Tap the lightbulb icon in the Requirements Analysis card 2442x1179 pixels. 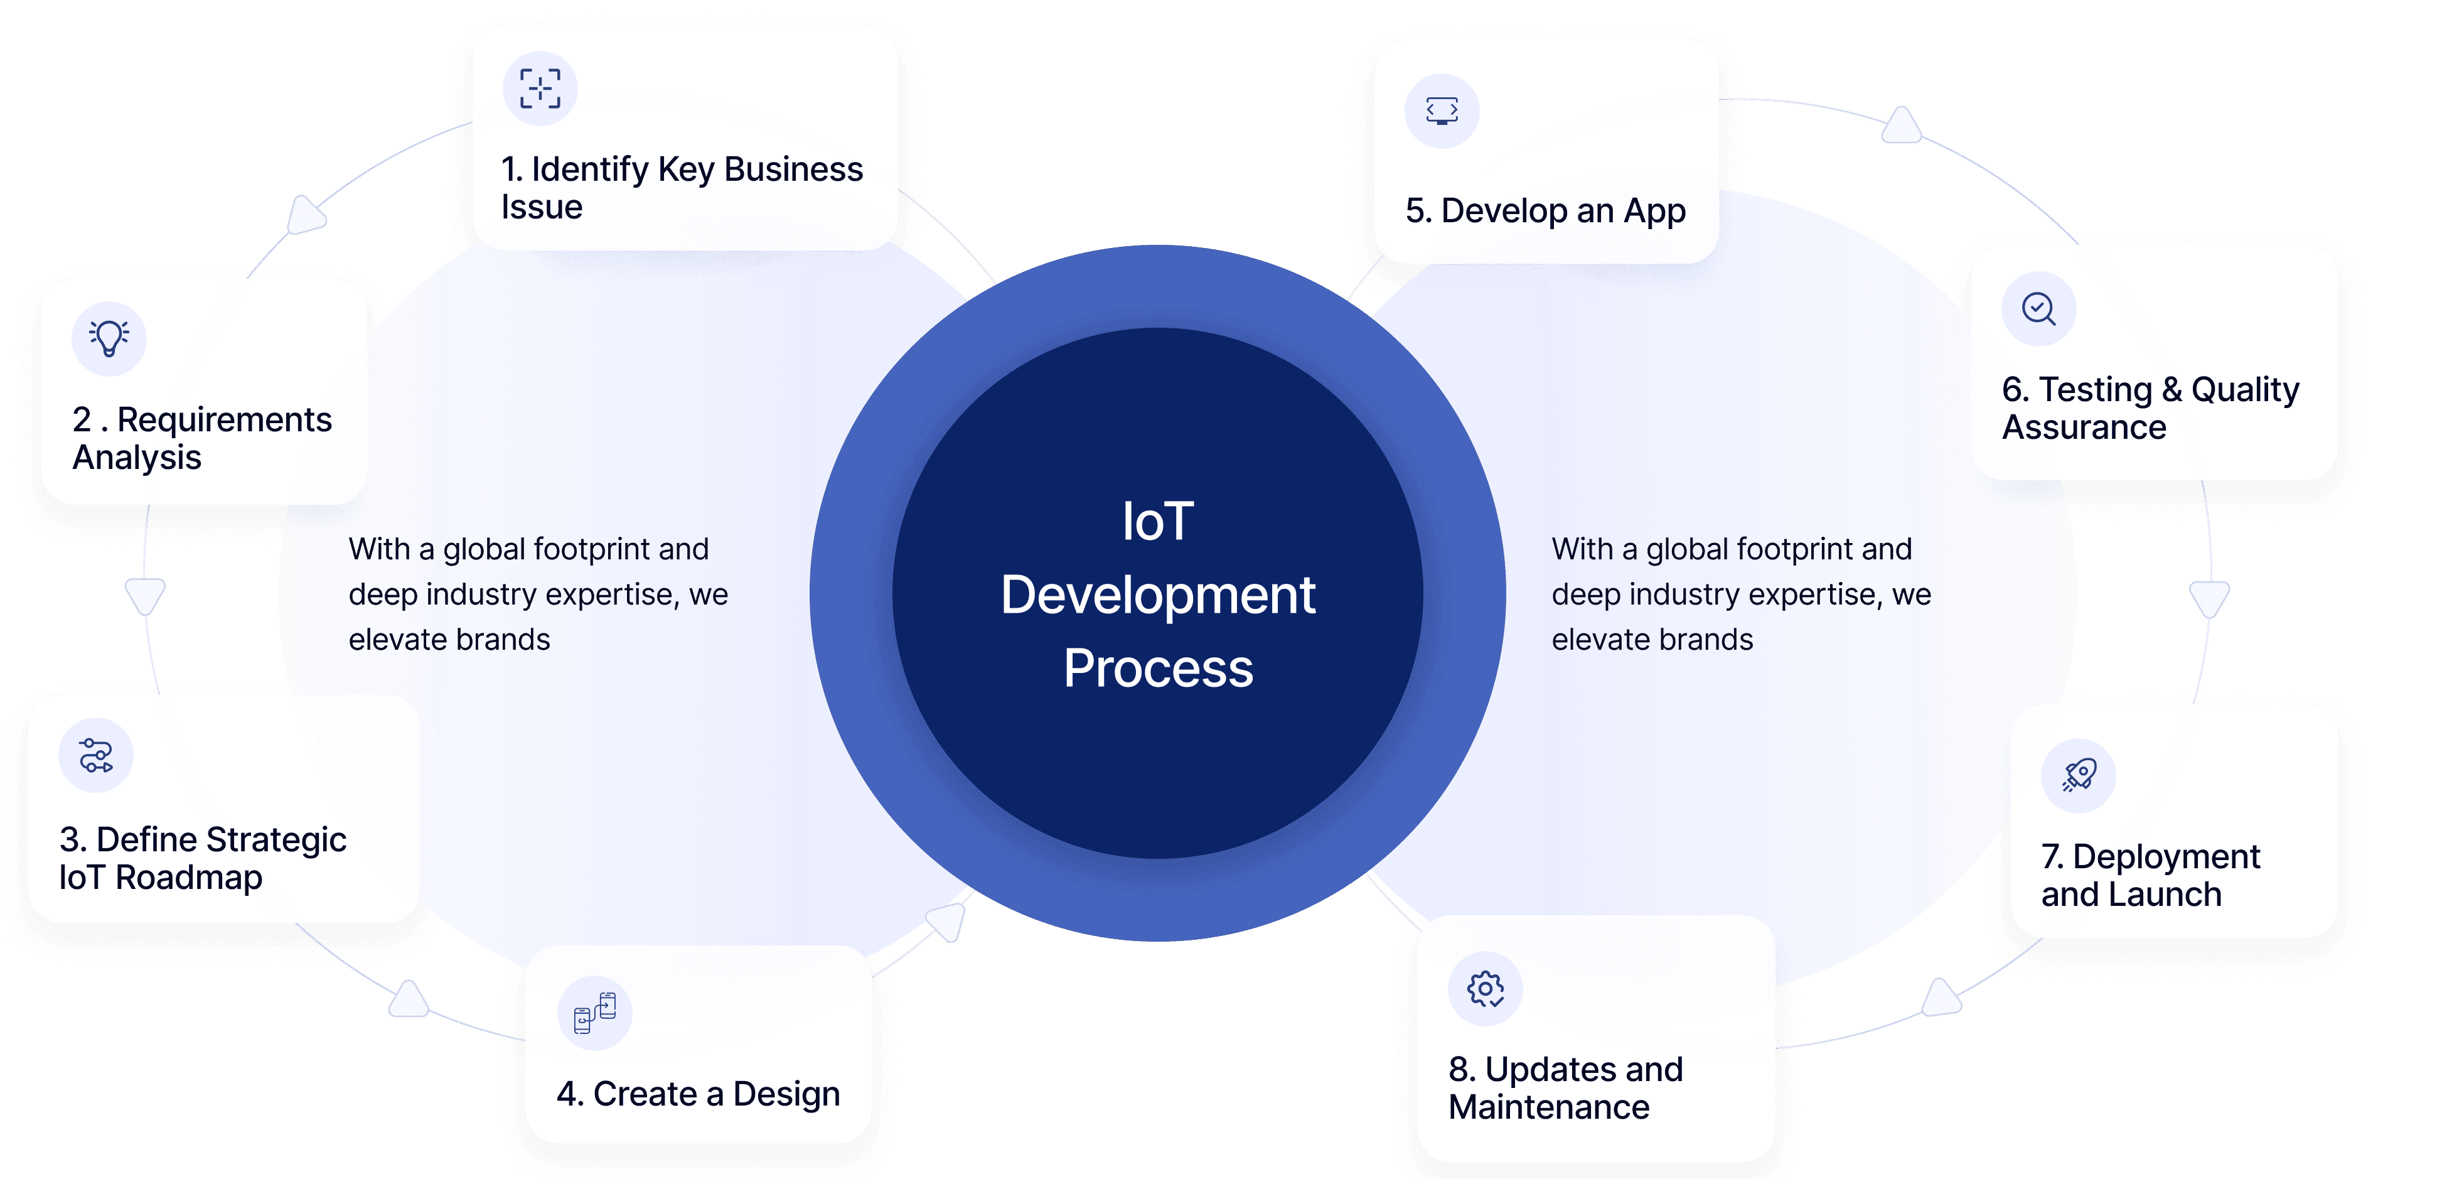point(109,338)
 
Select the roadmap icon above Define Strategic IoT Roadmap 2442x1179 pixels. point(96,756)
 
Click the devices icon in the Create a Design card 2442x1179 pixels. point(594,1013)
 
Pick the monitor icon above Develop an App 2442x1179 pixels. point(1442,111)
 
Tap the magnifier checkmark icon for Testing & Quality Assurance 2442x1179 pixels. point(2038,310)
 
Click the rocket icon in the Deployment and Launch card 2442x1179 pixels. point(2079,776)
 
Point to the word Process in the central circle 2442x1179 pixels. point(1157,668)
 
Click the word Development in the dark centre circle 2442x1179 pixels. point(1157,595)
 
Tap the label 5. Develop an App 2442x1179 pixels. point(1545,210)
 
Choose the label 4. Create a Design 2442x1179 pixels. point(698,1094)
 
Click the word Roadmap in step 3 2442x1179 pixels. point(189,878)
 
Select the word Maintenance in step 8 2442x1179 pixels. point(1549,1107)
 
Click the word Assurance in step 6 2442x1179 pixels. point(2084,428)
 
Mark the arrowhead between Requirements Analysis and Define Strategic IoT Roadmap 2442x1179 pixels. point(145,596)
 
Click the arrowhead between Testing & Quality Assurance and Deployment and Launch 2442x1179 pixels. point(2209,598)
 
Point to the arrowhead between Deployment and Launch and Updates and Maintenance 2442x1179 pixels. point(1941,998)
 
